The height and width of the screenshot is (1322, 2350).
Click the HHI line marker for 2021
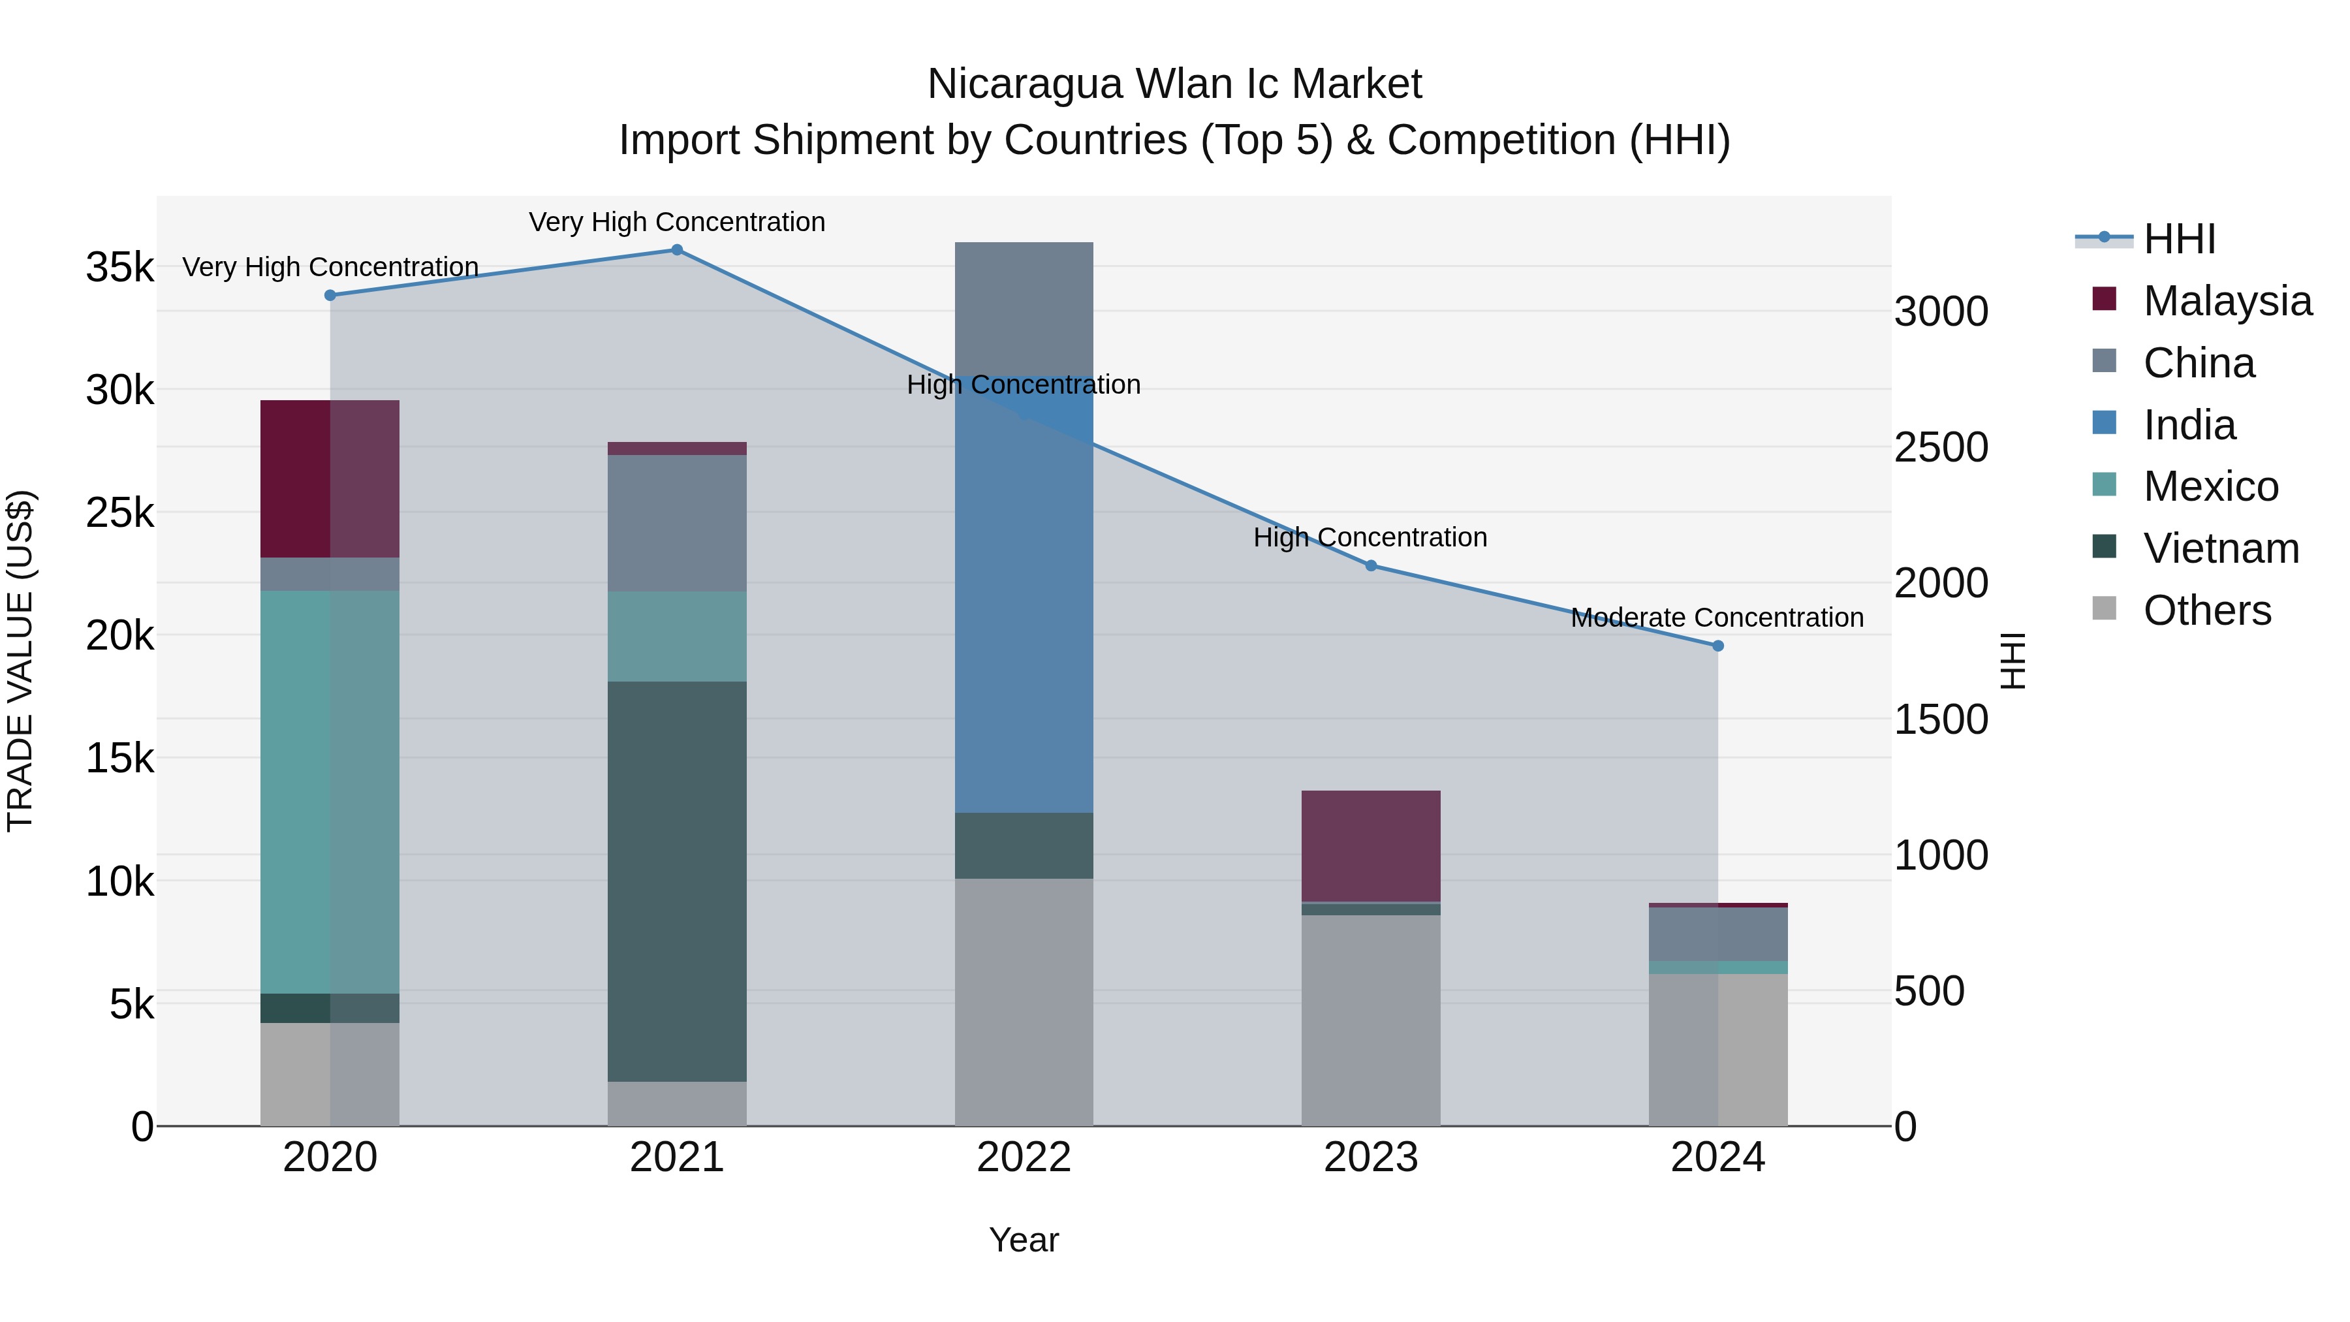tap(677, 250)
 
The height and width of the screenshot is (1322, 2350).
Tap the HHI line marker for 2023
tap(1370, 565)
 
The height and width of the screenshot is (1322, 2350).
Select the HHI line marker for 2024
tap(1718, 646)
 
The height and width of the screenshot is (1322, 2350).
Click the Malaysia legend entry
tap(2227, 301)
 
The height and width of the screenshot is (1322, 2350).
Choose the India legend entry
tap(2189, 425)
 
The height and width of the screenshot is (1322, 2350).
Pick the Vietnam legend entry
tap(2221, 548)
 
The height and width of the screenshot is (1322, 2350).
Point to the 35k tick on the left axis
tap(120, 268)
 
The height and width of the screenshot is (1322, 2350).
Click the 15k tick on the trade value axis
tap(120, 758)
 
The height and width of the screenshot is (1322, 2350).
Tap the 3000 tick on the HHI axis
tap(1941, 312)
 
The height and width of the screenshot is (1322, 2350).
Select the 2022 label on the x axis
tap(1024, 1157)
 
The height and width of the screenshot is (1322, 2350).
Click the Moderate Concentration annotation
tap(1717, 618)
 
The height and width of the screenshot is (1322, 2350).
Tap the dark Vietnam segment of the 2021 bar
tap(677, 881)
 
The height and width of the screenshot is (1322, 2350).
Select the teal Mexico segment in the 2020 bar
tap(330, 791)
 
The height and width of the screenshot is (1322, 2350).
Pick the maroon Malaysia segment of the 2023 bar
tap(1370, 845)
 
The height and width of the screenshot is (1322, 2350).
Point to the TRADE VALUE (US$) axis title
tap(20, 661)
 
